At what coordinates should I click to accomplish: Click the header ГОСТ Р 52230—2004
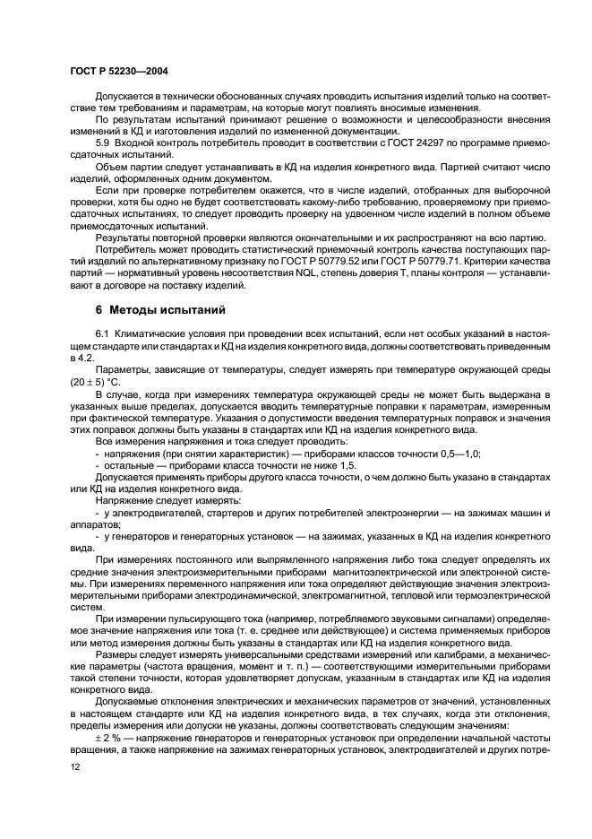coord(120,70)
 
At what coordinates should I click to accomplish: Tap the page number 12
coord(75,767)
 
